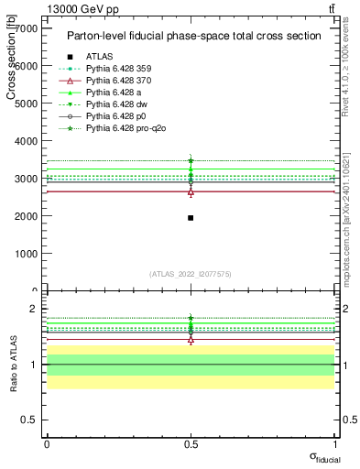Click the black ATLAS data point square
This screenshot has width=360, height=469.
tap(191, 218)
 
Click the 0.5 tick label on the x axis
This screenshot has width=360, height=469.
tap(191, 443)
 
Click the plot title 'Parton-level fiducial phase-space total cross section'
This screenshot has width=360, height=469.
tap(193, 36)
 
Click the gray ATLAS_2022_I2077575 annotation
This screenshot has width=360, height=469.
tap(191, 274)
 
